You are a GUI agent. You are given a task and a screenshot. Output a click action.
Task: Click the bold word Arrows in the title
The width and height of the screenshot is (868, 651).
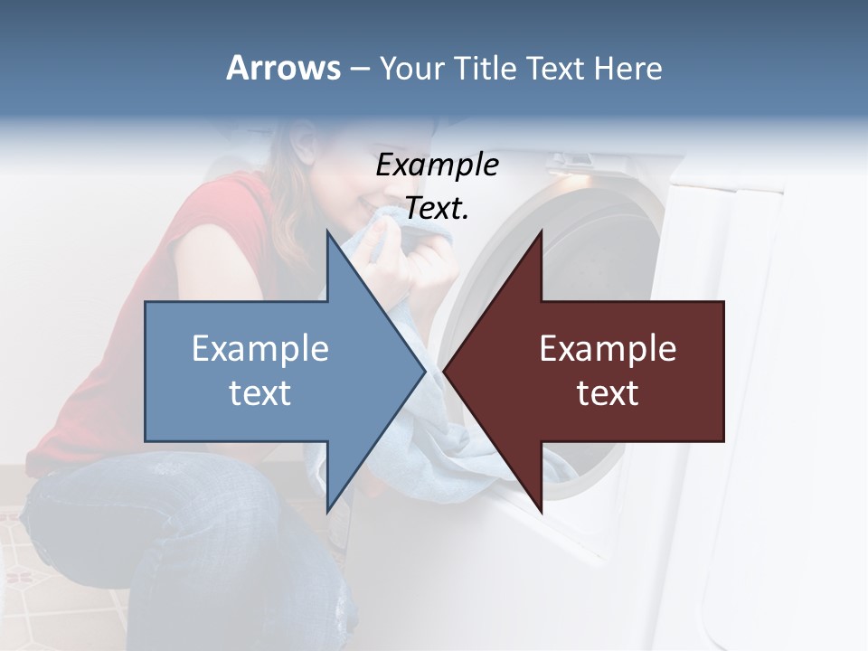tap(282, 68)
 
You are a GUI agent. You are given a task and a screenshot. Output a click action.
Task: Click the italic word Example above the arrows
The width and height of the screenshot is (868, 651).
tap(437, 165)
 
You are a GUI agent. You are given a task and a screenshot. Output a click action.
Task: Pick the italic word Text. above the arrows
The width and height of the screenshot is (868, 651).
tap(437, 208)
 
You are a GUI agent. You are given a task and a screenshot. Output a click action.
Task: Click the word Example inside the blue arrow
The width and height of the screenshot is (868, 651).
tap(259, 348)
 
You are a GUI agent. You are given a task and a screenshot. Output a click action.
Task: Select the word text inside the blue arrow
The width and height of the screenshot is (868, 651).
tap(259, 392)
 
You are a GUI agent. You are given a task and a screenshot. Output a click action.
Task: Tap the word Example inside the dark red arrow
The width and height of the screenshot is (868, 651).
tap(608, 348)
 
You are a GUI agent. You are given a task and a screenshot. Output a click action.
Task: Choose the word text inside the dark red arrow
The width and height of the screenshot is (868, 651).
tap(608, 392)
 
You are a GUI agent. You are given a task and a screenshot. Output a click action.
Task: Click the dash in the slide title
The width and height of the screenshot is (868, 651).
tap(358, 69)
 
